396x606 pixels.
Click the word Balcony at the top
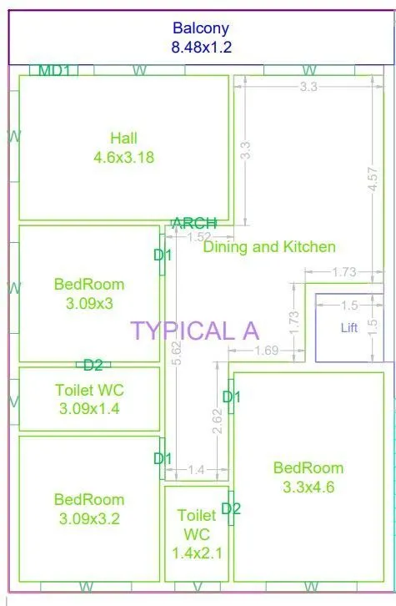click(x=201, y=28)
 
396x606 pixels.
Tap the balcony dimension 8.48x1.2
click(x=201, y=47)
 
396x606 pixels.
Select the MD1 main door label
click(x=55, y=70)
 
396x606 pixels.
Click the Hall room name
click(x=123, y=138)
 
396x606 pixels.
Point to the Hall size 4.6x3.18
click(x=123, y=156)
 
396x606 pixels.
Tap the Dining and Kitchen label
click(x=269, y=246)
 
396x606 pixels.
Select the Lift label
click(x=349, y=328)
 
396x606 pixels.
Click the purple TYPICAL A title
click(x=194, y=330)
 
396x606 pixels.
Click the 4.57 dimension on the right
click(x=373, y=180)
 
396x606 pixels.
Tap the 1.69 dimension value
click(x=267, y=351)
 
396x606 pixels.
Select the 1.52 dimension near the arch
click(x=198, y=237)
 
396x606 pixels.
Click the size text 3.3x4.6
click(x=308, y=487)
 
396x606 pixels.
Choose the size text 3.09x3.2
click(x=89, y=518)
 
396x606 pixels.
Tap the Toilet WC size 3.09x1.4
click(x=89, y=409)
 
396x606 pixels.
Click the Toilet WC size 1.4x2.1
click(x=196, y=553)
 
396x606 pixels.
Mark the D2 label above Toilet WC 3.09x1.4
click(x=93, y=365)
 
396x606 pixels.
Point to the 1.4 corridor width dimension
click(x=196, y=470)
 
